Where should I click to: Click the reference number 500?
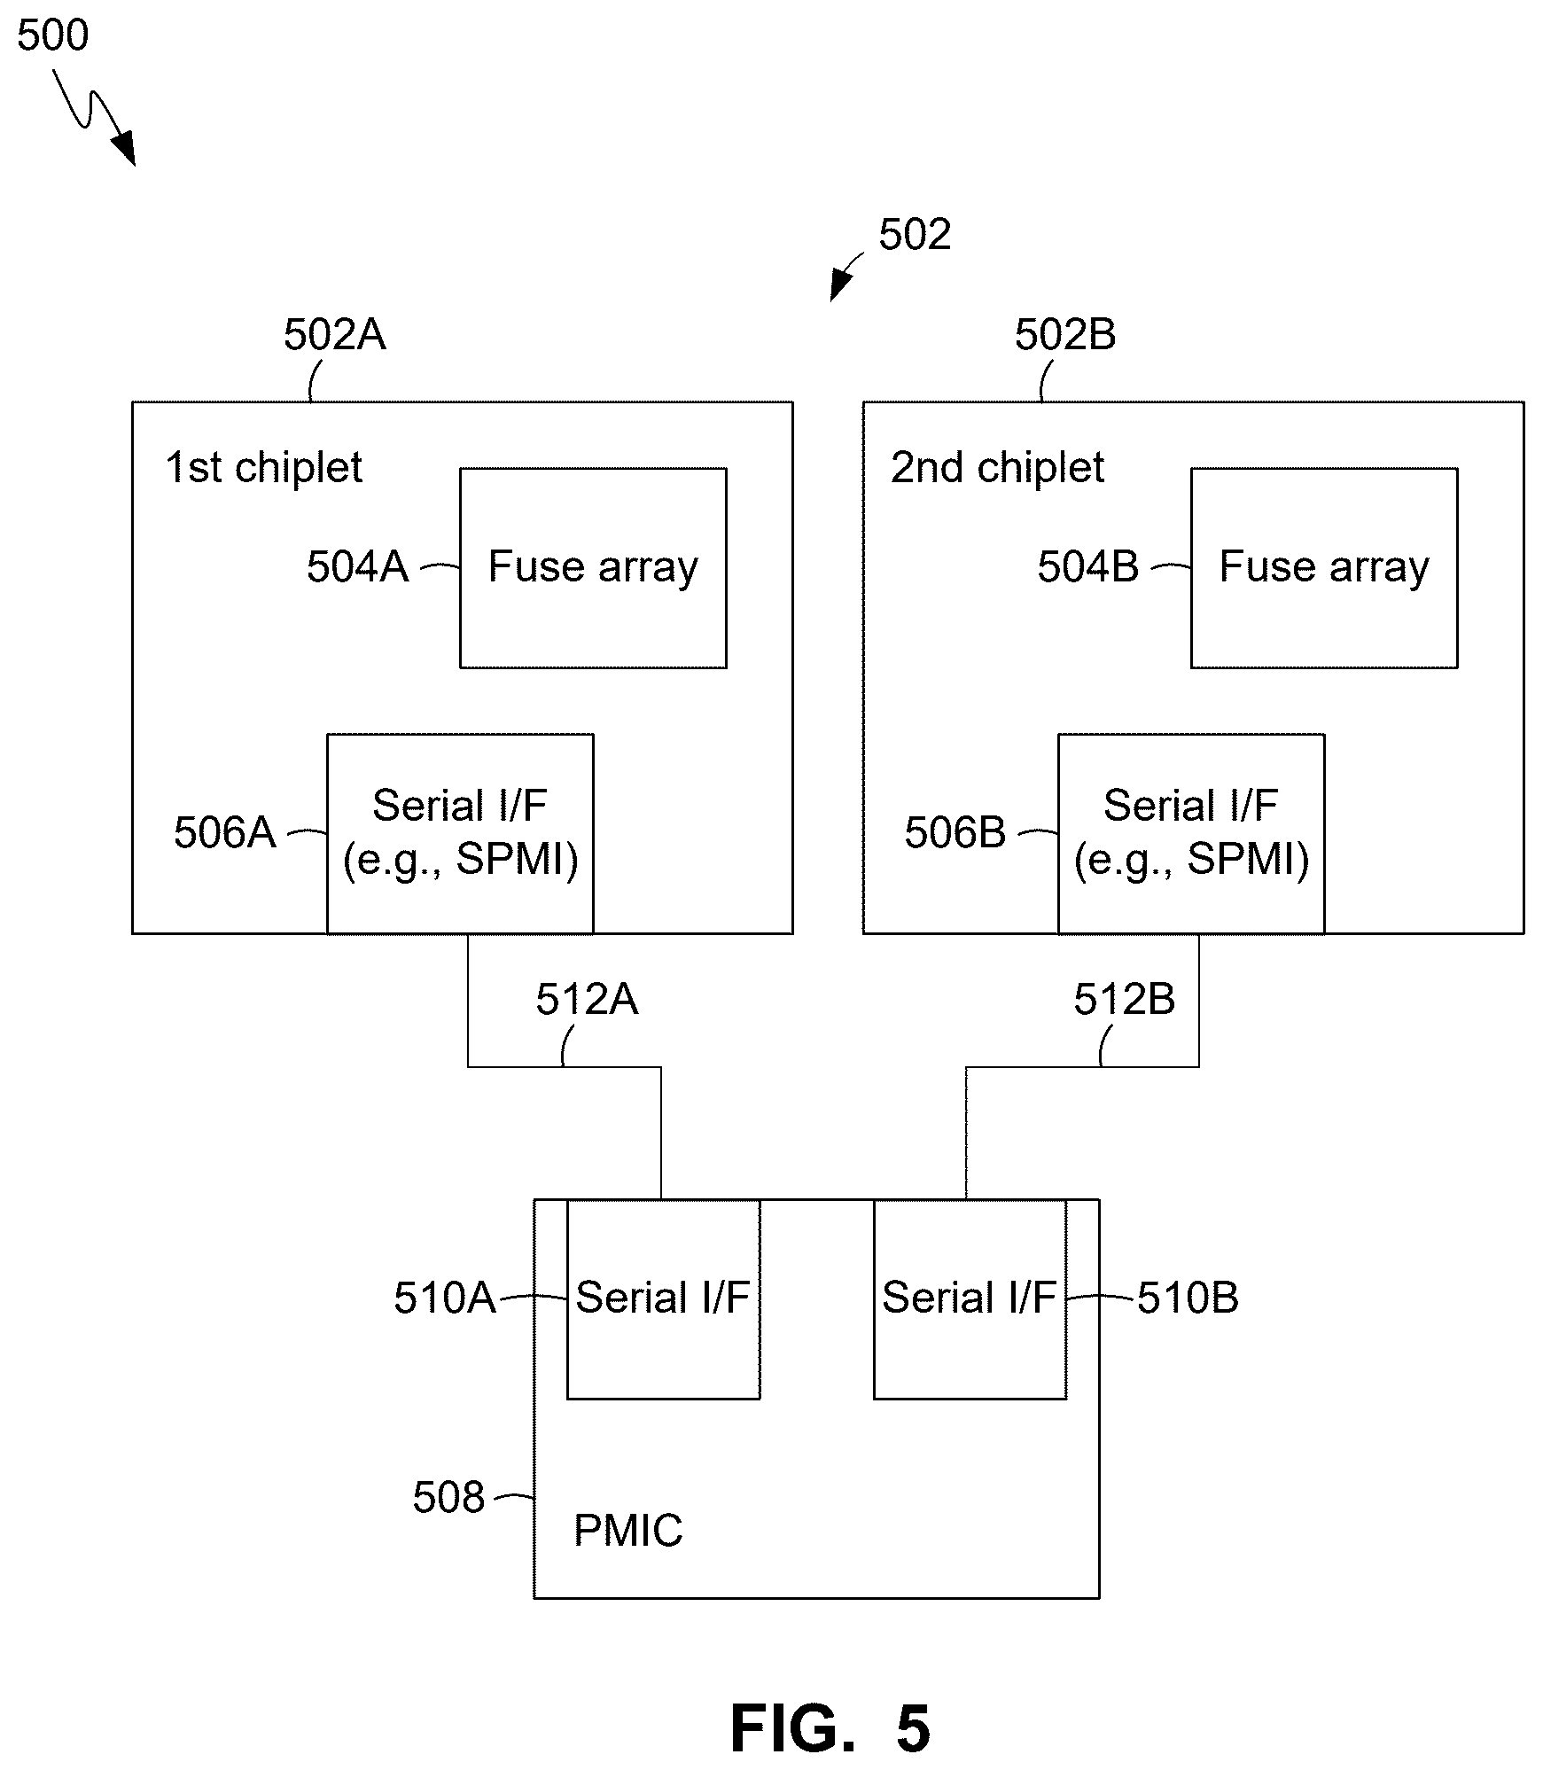pyautogui.click(x=53, y=36)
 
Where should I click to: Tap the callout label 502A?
pyautogui.click(x=334, y=335)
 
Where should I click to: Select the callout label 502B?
pyautogui.click(x=1064, y=335)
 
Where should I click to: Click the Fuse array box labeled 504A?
pyautogui.click(x=593, y=568)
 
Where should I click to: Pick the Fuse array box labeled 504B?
pyautogui.click(x=1324, y=568)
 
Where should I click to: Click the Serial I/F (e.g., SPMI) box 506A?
pyautogui.click(x=460, y=833)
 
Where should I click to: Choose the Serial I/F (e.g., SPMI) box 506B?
pyautogui.click(x=1191, y=833)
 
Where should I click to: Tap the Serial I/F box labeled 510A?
pyautogui.click(x=663, y=1299)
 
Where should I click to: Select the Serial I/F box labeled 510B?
pyautogui.click(x=970, y=1299)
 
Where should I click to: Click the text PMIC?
pyautogui.click(x=628, y=1531)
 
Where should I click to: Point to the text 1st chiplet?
pyautogui.click(x=264, y=468)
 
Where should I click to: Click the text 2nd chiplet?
pyautogui.click(x=997, y=468)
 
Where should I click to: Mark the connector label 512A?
pyautogui.click(x=587, y=1000)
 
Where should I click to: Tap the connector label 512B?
pyautogui.click(x=1124, y=1000)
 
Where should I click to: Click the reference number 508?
pyautogui.click(x=448, y=1498)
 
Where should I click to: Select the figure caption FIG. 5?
pyautogui.click(x=830, y=1728)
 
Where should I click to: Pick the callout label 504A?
pyautogui.click(x=357, y=567)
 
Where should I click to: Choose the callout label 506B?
pyautogui.click(x=955, y=833)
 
